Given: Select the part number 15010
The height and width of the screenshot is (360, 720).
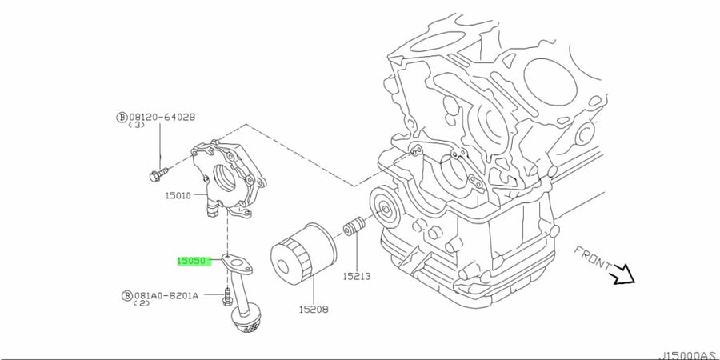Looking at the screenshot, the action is coord(178,196).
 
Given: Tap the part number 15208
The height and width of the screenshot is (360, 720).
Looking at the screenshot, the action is coord(314,310).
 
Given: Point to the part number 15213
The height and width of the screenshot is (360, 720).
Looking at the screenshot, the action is coord(357,277).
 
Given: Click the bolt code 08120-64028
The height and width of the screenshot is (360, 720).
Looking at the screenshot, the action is coord(162,117).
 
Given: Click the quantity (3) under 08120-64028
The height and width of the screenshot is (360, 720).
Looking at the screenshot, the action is coord(136,125).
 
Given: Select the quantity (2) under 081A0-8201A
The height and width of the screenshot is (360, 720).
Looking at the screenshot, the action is coord(142,303).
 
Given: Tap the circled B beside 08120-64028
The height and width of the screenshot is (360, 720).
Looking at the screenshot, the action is coord(122,118).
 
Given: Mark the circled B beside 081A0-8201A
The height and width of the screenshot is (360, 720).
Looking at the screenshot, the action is coord(127,296).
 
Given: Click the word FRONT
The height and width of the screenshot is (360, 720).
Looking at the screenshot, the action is coord(593,260).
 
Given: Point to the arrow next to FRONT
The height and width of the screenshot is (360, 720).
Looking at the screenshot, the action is coord(622,275).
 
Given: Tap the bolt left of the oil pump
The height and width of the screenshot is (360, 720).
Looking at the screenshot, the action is coord(159,174).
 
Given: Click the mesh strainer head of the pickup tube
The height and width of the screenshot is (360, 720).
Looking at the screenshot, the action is coord(247,321).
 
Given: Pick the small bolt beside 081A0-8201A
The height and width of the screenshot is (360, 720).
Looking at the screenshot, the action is coord(227,296).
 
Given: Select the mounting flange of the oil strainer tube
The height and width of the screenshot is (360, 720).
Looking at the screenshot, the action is coord(237,263).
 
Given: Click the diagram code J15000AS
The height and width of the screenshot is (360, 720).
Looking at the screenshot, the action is coord(690,355).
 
